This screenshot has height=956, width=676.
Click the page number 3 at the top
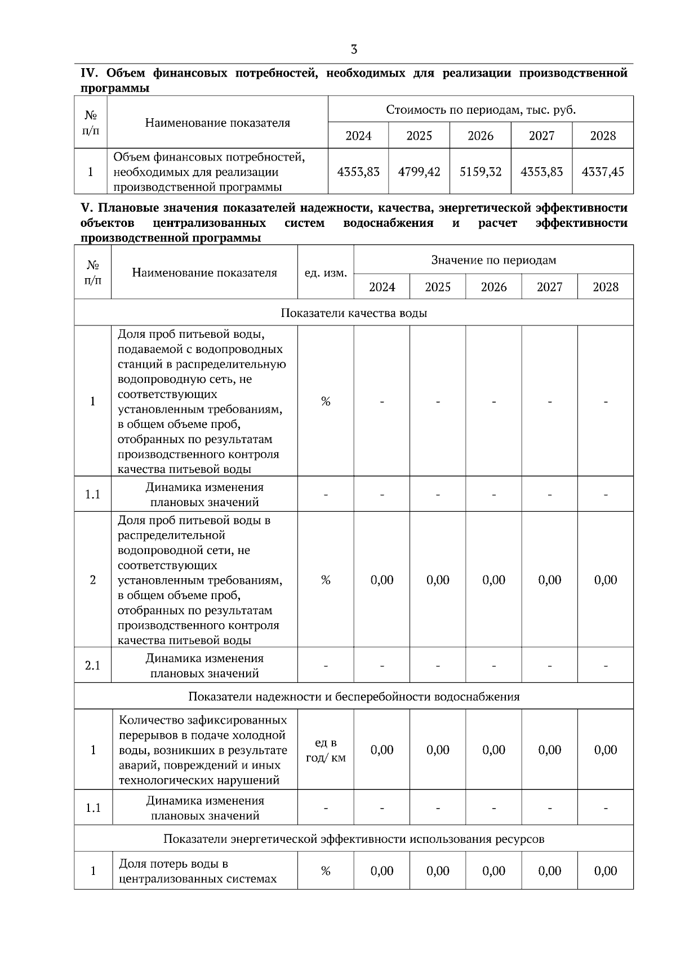pyautogui.click(x=354, y=50)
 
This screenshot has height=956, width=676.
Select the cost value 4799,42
pyautogui.click(x=419, y=172)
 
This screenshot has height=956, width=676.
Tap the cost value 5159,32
pyautogui.click(x=480, y=172)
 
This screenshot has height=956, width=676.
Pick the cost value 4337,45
pyautogui.click(x=603, y=172)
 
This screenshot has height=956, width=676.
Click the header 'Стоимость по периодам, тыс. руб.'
pyautogui.click(x=481, y=109)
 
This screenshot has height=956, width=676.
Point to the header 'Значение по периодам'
pyautogui.click(x=493, y=260)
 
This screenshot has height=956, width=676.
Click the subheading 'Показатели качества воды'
pyautogui.click(x=354, y=313)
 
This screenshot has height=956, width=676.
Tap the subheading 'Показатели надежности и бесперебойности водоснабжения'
pyautogui.click(x=354, y=696)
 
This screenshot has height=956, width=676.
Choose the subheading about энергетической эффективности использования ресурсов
pyautogui.click(x=354, y=839)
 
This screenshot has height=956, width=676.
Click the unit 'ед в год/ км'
pyautogui.click(x=326, y=750)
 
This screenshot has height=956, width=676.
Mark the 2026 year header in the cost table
pyautogui.click(x=480, y=136)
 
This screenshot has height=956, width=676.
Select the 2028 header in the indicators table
pyautogui.click(x=606, y=287)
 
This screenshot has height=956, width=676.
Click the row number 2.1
pyautogui.click(x=93, y=665)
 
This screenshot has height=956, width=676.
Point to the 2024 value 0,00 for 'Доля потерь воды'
pyautogui.click(x=382, y=871)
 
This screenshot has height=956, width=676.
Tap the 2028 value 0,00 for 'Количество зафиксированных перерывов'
pyautogui.click(x=606, y=750)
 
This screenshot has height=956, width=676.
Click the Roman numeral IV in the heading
pyautogui.click(x=90, y=74)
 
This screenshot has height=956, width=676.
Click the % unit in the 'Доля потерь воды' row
pyautogui.click(x=326, y=871)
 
